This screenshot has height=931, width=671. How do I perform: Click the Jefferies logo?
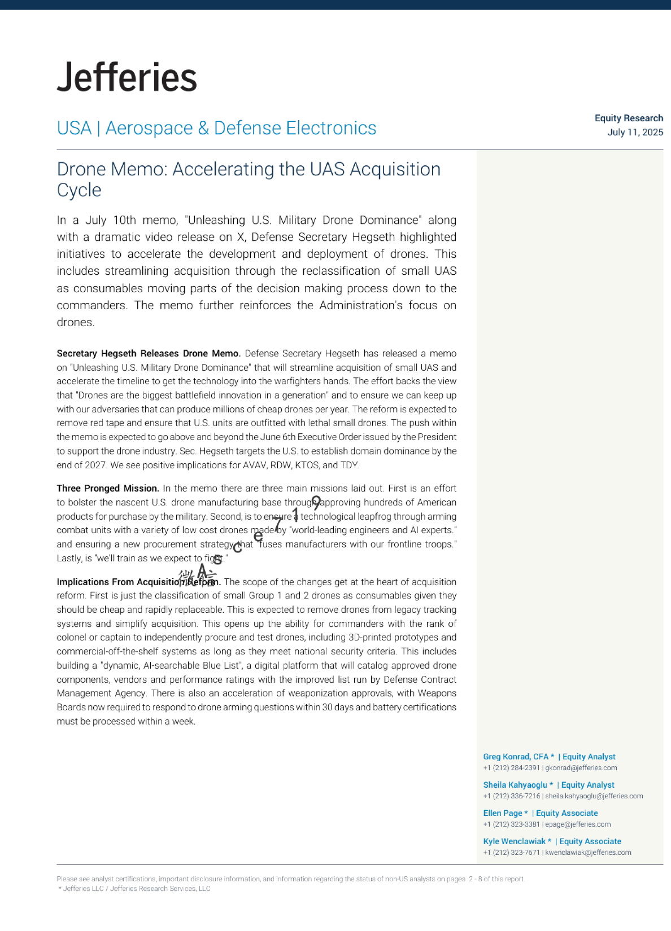(x=127, y=77)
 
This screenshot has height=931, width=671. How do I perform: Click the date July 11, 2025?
(x=635, y=132)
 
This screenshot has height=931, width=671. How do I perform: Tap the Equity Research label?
(x=629, y=118)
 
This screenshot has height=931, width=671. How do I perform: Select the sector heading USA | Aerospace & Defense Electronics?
(x=216, y=128)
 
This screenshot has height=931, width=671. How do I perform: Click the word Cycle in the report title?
(x=79, y=190)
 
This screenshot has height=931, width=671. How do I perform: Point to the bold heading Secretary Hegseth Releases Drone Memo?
(x=149, y=353)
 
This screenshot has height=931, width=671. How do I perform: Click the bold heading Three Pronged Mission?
(x=108, y=488)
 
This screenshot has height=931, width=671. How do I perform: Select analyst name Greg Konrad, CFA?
(x=516, y=757)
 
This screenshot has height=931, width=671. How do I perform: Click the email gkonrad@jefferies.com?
(x=581, y=768)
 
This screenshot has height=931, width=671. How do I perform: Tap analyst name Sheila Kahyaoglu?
(x=515, y=785)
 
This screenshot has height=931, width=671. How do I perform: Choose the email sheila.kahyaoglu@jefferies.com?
(x=594, y=796)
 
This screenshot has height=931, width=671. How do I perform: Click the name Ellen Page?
(x=503, y=813)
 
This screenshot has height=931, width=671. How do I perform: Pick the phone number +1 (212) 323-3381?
(x=511, y=824)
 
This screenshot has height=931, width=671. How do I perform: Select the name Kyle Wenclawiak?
(x=514, y=841)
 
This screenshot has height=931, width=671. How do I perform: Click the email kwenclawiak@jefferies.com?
(x=588, y=853)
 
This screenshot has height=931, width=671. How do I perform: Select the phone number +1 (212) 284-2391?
(x=511, y=768)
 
